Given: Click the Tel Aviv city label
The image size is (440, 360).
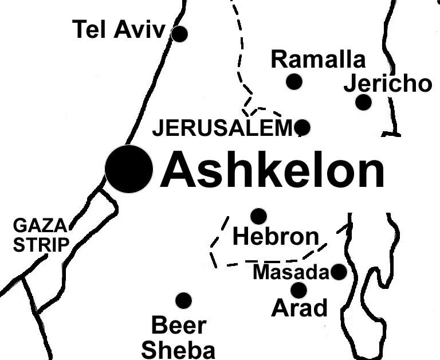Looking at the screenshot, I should pos(119,30).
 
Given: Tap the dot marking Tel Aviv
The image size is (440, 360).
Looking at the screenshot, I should pos(180,34).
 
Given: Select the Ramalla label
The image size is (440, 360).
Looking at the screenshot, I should pos(317,59).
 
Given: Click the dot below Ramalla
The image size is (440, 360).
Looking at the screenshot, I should pos(294,81).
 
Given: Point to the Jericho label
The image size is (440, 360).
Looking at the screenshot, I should pos(387,84).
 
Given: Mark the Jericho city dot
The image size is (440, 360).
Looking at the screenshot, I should pos(363,103).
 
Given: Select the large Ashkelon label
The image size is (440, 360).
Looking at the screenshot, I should pos(272,170).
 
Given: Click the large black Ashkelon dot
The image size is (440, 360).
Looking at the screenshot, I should pos(129,169).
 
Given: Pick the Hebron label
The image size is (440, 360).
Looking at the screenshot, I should pos(276,236).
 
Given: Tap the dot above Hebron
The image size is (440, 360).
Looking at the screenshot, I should pos(259,216).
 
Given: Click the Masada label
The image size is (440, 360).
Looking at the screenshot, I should pos(291,272).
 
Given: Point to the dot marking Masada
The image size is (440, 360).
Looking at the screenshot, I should pos(339,272).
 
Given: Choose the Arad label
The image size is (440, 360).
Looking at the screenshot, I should pos(299,308).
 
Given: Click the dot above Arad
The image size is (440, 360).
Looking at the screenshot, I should pos(298,290).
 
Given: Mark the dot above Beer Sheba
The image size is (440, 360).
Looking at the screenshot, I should pos(183,300).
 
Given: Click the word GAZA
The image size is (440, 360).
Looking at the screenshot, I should pos(40,225).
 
